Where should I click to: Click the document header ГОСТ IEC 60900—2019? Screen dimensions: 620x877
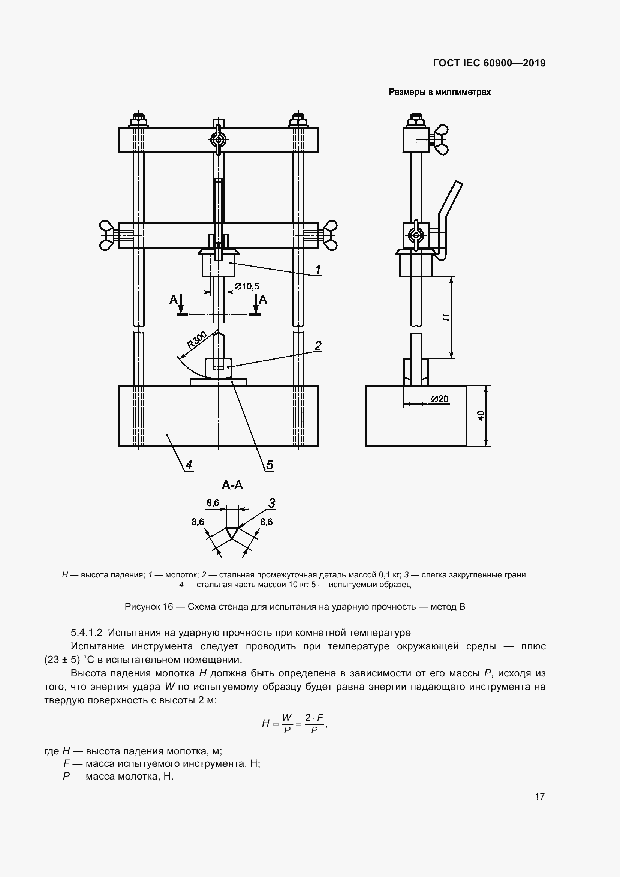pos(489,63)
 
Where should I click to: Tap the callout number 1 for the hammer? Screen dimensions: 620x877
pos(317,270)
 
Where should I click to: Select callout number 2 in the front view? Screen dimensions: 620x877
pos(318,346)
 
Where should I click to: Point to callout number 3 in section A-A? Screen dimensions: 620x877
pos(271,504)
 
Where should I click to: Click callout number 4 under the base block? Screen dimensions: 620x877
pos(189,465)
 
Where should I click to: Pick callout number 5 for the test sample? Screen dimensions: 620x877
pos(270,465)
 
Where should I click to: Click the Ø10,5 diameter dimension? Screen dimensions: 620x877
pos(247,286)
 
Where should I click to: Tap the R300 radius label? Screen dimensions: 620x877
pos(197,340)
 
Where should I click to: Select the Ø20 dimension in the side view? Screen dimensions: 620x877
pos(440,399)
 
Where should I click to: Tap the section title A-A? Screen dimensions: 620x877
pos(232,485)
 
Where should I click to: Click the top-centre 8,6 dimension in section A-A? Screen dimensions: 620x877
pos(213,503)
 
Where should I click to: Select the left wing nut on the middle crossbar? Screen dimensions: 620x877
pos(106,235)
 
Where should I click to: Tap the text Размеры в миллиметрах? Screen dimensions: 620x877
pos(439,92)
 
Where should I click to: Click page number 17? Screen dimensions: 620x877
pos(539,796)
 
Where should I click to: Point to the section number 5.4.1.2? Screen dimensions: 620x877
pos(86,633)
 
